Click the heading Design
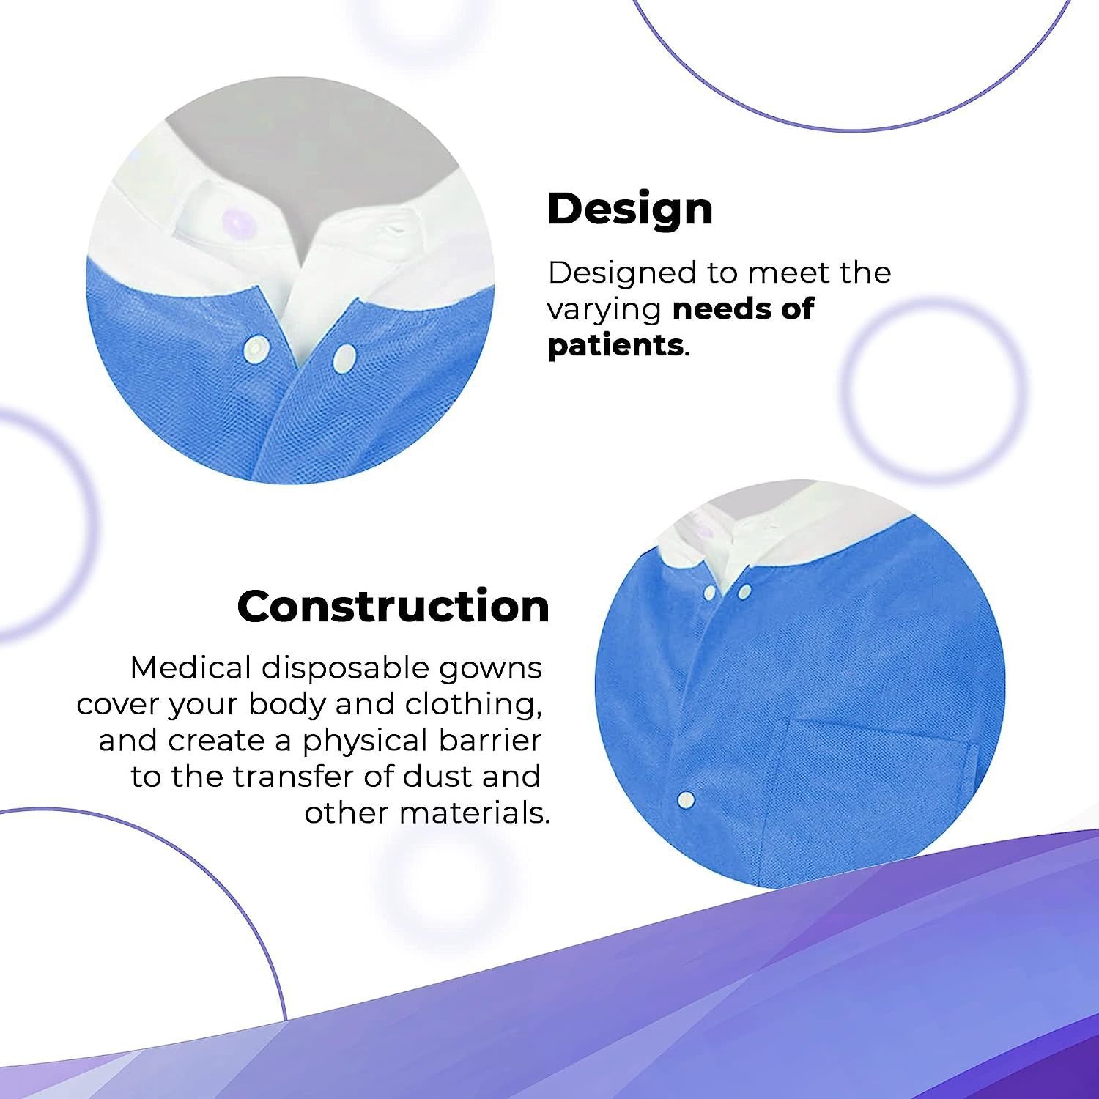pyautogui.click(x=630, y=210)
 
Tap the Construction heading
pyautogui.click(x=393, y=607)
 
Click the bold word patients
pyautogui.click(x=615, y=345)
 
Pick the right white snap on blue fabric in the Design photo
pyautogui.click(x=344, y=358)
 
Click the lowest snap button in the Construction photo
pyautogui.click(x=687, y=799)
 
